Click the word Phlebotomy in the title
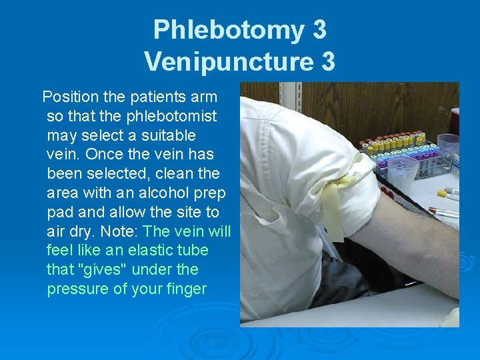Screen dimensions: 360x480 click(x=221, y=30)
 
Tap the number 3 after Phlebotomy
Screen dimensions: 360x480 click(x=319, y=30)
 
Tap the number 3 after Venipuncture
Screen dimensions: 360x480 click(x=327, y=62)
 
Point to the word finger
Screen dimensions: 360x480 click(x=186, y=289)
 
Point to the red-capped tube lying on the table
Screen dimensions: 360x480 click(x=443, y=212)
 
